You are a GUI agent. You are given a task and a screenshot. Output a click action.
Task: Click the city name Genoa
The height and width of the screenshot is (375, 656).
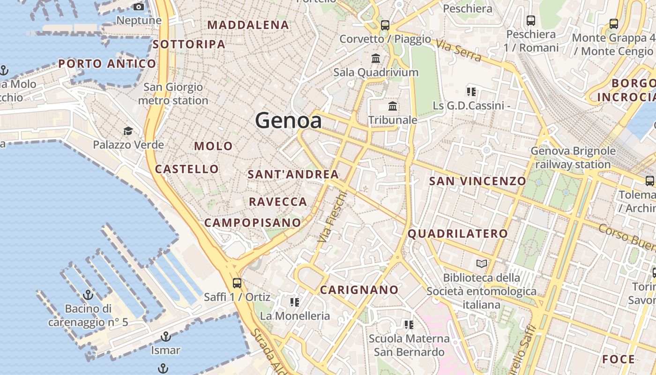pyautogui.click(x=288, y=121)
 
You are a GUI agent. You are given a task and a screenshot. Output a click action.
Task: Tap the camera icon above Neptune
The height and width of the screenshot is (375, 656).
pyautogui.click(x=139, y=7)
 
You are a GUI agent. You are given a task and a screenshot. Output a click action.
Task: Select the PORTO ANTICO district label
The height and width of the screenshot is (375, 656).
pyautogui.click(x=107, y=64)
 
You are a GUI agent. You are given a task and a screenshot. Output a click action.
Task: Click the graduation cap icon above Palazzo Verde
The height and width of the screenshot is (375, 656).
pyautogui.click(x=128, y=131)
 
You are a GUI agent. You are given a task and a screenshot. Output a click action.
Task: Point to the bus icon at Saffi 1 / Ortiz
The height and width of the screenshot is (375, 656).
pyautogui.click(x=237, y=283)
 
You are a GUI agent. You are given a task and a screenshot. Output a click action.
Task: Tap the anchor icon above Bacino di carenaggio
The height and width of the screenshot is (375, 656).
pyautogui.click(x=88, y=295)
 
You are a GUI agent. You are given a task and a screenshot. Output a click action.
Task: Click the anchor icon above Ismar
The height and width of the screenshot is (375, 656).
pyautogui.click(x=165, y=336)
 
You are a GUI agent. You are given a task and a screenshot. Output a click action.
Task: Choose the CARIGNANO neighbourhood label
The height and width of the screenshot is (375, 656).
pyautogui.click(x=359, y=290)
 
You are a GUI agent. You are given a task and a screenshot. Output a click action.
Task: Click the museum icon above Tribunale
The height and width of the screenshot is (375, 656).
pyautogui.click(x=393, y=106)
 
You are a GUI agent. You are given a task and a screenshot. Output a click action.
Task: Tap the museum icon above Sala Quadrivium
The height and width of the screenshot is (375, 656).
pyautogui.click(x=376, y=59)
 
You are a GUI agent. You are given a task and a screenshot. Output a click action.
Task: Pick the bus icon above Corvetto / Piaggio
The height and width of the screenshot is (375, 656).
pyautogui.click(x=385, y=25)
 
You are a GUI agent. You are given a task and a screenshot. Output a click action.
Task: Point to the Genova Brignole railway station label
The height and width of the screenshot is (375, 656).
pyautogui.click(x=573, y=157)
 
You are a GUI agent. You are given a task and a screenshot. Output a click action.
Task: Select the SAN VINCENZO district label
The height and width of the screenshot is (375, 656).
pyautogui.click(x=477, y=181)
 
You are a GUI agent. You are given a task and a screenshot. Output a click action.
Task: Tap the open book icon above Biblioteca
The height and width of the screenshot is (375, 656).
pyautogui.click(x=482, y=263)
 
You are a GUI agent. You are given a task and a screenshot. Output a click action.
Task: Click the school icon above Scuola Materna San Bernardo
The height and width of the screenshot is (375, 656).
pyautogui.click(x=409, y=324)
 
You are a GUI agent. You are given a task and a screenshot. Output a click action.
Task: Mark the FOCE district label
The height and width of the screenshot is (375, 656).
pyautogui.click(x=619, y=360)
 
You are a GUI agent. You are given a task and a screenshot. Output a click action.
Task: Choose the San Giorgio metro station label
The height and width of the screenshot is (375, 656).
pyautogui.click(x=173, y=94)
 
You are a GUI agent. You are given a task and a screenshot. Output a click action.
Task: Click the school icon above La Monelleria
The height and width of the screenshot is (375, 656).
pyautogui.click(x=295, y=302)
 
